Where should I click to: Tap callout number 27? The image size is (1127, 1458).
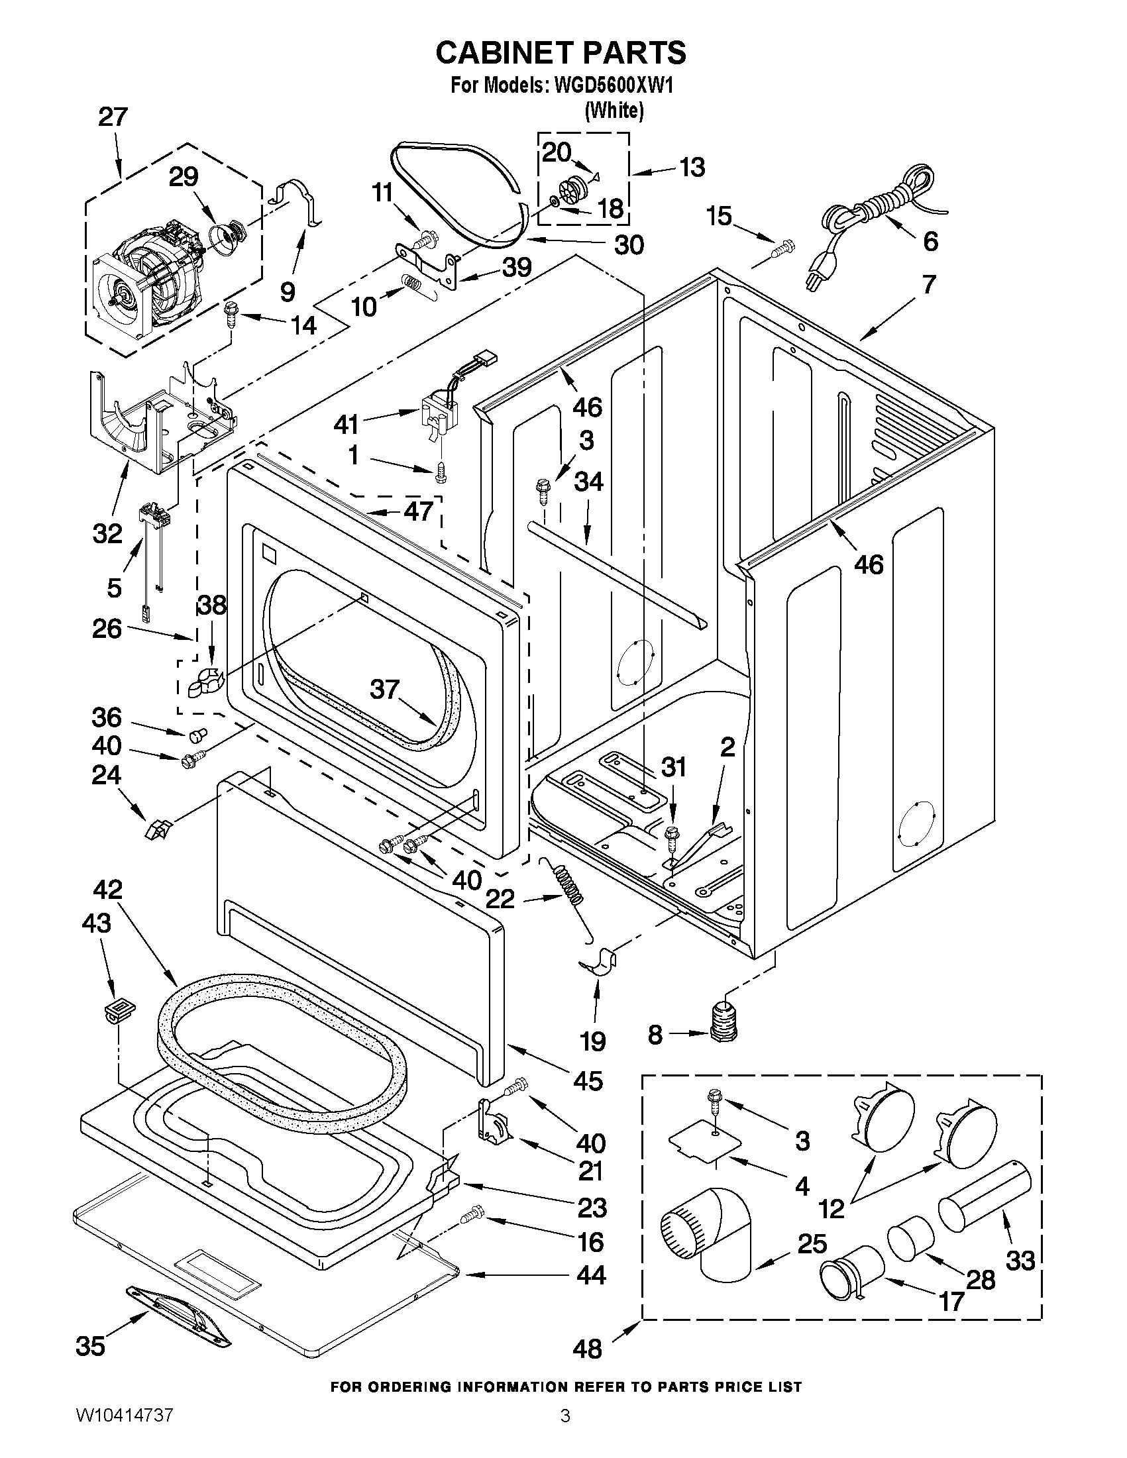112,117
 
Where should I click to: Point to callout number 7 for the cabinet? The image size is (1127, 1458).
930,284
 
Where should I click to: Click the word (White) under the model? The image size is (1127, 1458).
614,111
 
